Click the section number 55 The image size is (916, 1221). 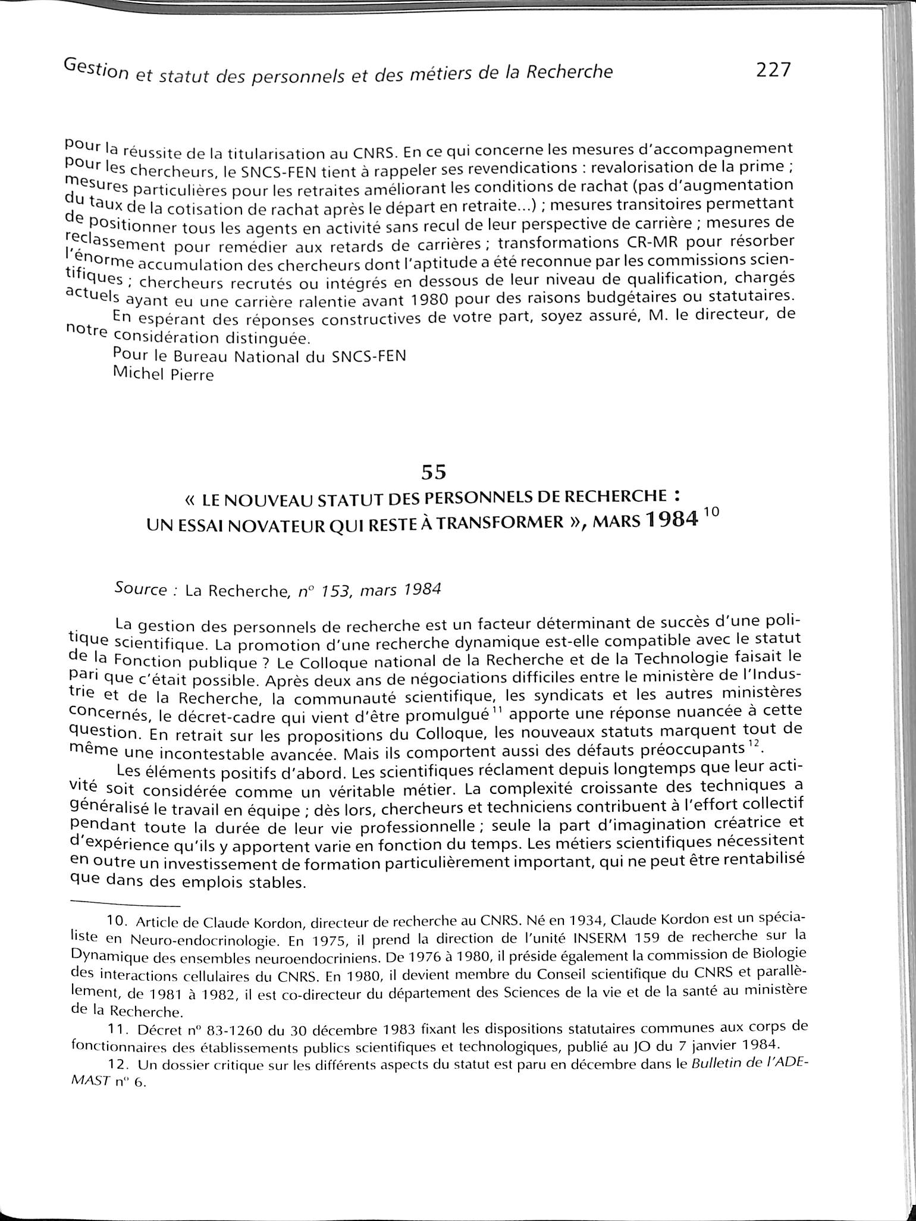[434, 472]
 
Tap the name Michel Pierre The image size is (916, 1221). [162, 374]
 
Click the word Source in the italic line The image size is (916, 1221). [141, 589]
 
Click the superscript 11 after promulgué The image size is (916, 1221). [495, 710]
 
